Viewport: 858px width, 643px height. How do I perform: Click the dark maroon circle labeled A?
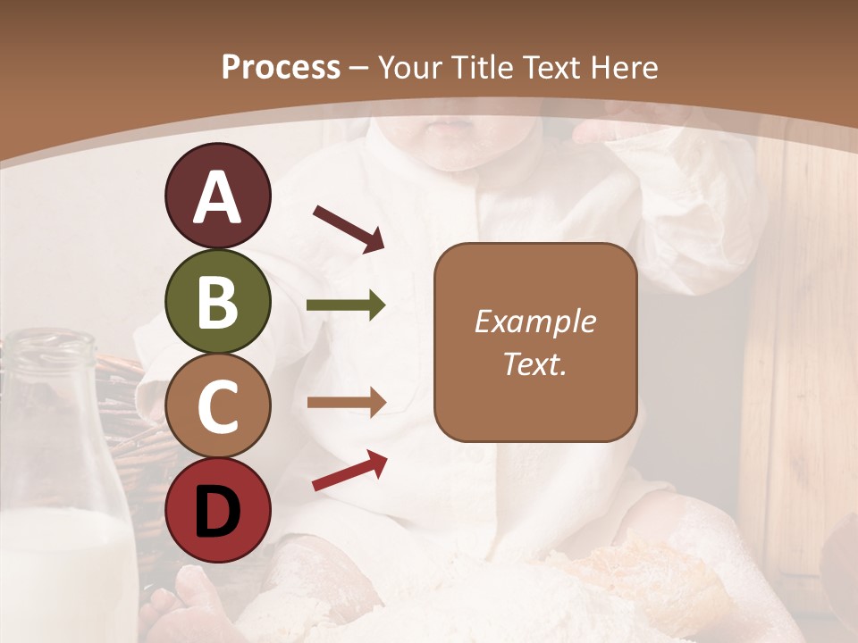coord(217,196)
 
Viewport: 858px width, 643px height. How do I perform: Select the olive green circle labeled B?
coord(217,302)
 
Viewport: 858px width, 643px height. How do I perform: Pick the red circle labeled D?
coord(217,510)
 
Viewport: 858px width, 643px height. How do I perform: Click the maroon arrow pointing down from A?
coord(349,229)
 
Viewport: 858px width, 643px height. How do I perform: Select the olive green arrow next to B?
coord(346,305)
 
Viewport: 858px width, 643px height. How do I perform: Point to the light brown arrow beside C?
coord(346,402)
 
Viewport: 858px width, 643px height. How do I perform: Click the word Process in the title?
coord(281,67)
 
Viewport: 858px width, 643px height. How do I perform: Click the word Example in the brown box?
coord(534,321)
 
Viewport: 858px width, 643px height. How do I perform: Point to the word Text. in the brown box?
coord(534,364)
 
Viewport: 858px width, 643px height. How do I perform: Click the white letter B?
coord(217,302)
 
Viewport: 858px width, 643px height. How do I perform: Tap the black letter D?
coord(217,511)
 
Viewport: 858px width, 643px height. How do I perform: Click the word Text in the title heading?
coord(551,67)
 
